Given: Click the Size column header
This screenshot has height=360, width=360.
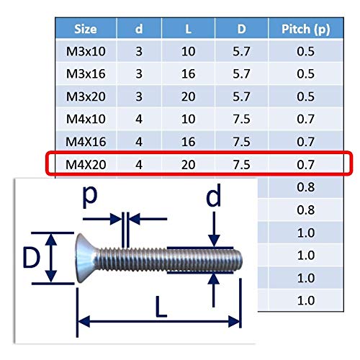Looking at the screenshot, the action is point(86,29).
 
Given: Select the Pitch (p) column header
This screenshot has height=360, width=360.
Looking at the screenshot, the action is point(305,30).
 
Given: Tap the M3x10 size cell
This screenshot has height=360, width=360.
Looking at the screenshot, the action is point(86,51).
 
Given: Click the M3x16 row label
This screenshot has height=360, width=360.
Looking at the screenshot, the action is point(86,73).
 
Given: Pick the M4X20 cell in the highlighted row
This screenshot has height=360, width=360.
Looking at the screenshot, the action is point(86,165).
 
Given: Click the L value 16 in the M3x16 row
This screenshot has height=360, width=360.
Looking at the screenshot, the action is point(188,73).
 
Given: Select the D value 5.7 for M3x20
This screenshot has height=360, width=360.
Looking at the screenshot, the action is point(241,96).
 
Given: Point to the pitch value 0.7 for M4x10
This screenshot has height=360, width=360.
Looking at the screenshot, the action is point(305,119).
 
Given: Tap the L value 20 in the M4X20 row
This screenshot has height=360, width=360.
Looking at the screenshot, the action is point(188,165).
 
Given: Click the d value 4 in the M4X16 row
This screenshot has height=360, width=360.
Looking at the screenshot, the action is point(139,142).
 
